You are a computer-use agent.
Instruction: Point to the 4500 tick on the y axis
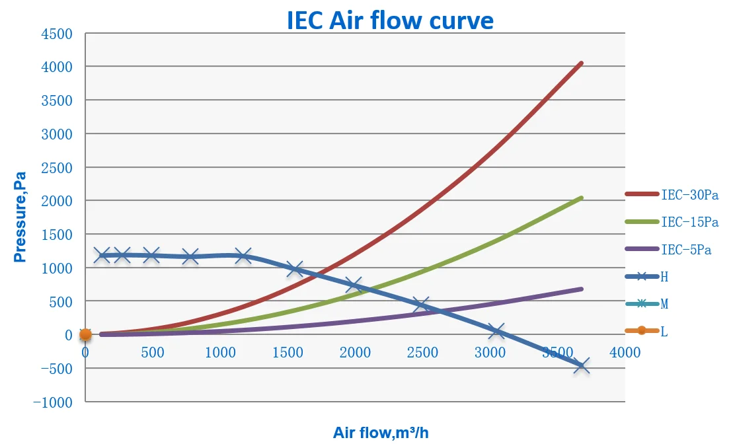[x=58, y=34]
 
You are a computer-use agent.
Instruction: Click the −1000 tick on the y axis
[x=55, y=402]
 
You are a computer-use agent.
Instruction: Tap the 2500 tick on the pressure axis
[x=58, y=168]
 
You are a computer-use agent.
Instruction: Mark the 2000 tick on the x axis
[x=355, y=353]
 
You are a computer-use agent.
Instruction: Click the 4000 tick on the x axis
[x=625, y=353]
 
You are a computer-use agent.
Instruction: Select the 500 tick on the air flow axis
[x=153, y=353]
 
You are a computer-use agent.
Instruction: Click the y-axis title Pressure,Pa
[x=20, y=217]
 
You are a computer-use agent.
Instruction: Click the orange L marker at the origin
[x=85, y=335]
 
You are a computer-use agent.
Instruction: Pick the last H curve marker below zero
[x=582, y=365]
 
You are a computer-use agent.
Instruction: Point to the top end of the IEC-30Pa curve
[x=581, y=63]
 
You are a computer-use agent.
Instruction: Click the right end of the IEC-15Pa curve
[x=581, y=198]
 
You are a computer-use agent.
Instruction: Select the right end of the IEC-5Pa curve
[x=581, y=289]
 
